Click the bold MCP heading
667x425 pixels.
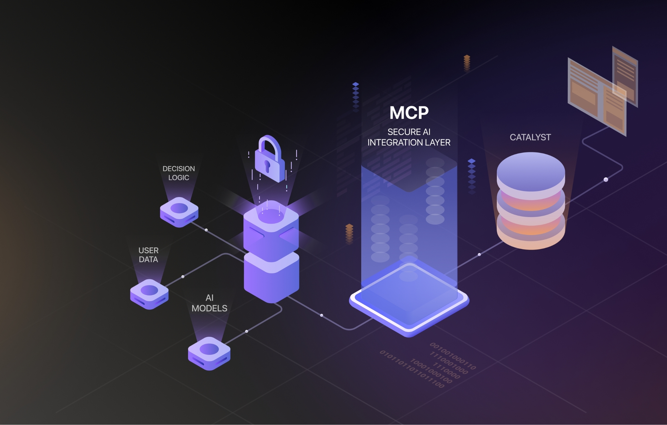[409, 113]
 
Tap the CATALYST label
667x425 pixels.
[530, 137]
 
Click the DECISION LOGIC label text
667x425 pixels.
[179, 173]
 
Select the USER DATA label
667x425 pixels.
[149, 255]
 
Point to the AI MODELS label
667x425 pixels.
[209, 303]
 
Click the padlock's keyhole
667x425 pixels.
[267, 166]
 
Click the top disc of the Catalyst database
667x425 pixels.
[531, 171]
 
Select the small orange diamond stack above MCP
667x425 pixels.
[467, 62]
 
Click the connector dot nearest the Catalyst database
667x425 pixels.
[479, 255]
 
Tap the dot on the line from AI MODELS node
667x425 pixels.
[247, 331]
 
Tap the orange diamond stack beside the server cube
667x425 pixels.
[349, 233]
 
